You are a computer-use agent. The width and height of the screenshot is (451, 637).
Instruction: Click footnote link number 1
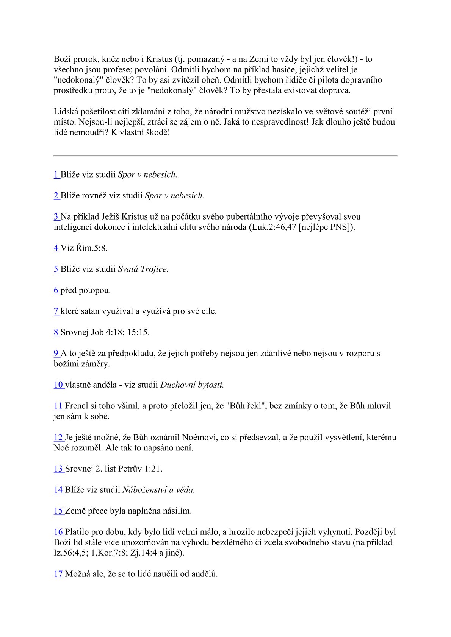click(x=56, y=174)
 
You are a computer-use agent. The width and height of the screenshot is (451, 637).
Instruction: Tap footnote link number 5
click(x=56, y=269)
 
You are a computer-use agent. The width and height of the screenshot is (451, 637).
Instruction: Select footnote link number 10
click(x=58, y=385)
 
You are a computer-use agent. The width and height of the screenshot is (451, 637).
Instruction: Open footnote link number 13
click(x=58, y=469)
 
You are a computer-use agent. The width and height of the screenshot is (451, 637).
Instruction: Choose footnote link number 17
click(x=58, y=574)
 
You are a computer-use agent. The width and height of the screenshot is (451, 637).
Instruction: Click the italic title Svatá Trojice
click(x=143, y=269)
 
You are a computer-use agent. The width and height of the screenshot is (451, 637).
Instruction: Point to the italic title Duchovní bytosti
click(x=192, y=385)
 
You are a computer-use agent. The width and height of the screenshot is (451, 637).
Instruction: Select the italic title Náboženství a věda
click(x=158, y=490)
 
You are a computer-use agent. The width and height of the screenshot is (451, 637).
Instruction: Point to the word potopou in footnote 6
click(x=97, y=290)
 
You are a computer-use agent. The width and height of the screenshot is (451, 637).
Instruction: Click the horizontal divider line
click(x=225, y=156)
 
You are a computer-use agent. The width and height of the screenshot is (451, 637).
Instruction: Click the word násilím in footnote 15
click(x=177, y=511)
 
